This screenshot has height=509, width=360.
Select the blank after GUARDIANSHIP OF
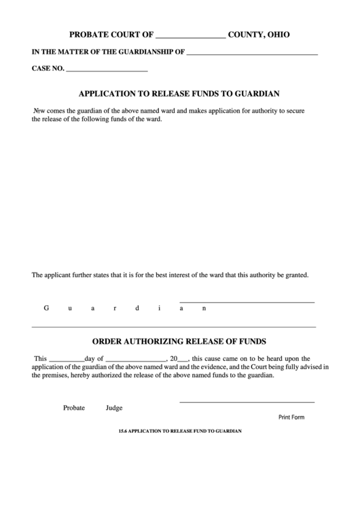[x=251, y=52]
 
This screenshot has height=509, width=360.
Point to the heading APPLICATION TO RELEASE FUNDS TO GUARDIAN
[x=180, y=94]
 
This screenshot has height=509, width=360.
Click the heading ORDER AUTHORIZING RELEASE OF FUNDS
[x=179, y=341]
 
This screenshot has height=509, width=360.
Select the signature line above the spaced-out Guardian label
[x=247, y=302]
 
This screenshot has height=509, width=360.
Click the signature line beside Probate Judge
[x=247, y=402]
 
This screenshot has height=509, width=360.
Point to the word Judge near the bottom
[x=114, y=408]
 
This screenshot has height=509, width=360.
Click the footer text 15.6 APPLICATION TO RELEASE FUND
[x=180, y=431]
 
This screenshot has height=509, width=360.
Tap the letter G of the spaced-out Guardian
[x=47, y=308]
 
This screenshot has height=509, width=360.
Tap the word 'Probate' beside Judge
[x=74, y=408]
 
